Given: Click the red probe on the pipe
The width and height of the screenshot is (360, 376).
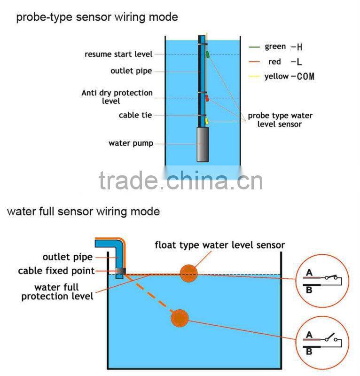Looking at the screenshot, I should [x=207, y=97].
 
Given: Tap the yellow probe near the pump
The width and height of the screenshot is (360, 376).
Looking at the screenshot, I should [x=206, y=121].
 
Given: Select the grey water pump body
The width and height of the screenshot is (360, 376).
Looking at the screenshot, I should [x=203, y=145].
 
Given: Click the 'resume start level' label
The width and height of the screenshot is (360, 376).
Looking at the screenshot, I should [x=118, y=54].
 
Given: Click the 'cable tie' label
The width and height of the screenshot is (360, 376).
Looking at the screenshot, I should [x=135, y=115].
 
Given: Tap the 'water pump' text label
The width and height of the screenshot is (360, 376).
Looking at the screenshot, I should [x=131, y=143].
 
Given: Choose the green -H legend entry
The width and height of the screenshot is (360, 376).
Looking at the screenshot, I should [x=275, y=47].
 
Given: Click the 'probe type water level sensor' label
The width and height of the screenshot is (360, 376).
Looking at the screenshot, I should [x=280, y=120].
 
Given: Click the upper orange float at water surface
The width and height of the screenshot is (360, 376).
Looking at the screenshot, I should [x=188, y=273].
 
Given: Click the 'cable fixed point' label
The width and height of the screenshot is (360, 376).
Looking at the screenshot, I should [x=56, y=271].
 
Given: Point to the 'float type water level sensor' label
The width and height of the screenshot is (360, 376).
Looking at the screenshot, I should [x=220, y=245].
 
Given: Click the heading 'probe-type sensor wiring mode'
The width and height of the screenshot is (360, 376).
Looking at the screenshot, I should [x=97, y=17].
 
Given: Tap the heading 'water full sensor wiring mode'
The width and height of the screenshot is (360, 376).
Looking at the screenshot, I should [x=83, y=211].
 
